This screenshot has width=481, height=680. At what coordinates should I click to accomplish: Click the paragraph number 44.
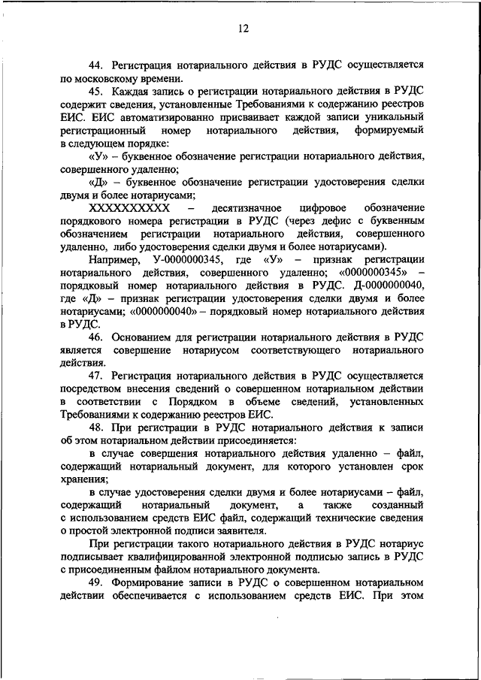coord(97,65)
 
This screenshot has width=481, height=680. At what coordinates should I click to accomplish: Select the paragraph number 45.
coord(97,92)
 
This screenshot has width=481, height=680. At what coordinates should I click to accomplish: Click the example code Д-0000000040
coord(383,286)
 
